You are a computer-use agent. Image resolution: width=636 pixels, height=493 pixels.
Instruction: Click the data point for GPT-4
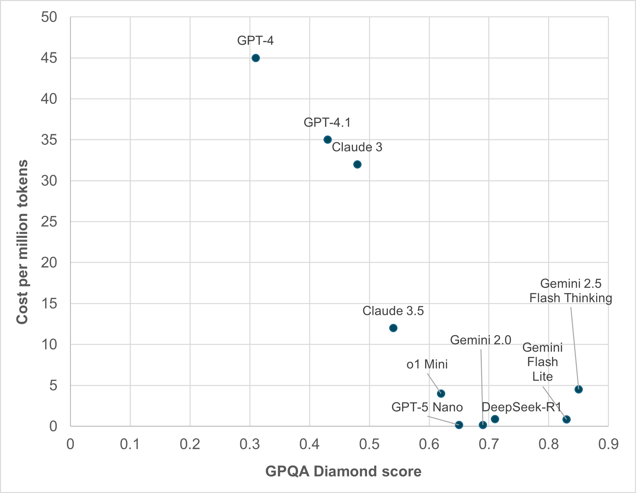click(256, 58)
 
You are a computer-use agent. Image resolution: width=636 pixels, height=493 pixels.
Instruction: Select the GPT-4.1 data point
click(327, 140)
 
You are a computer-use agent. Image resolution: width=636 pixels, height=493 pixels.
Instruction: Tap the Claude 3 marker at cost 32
click(357, 164)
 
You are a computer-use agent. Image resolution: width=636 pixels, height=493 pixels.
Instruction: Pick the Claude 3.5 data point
click(393, 328)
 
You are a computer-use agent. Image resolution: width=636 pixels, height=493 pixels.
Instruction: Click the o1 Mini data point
click(441, 393)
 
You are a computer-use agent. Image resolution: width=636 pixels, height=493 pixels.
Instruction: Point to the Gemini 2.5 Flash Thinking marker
click(578, 389)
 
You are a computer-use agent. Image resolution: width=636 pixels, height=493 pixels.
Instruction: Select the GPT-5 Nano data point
click(459, 425)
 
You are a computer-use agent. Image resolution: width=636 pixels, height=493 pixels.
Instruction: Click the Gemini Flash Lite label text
click(542, 362)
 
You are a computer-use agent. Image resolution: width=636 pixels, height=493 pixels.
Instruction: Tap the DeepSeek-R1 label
click(522, 407)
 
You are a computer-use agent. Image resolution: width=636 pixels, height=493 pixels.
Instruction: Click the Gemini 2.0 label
click(480, 340)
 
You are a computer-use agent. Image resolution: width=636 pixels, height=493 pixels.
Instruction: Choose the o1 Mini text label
click(427, 364)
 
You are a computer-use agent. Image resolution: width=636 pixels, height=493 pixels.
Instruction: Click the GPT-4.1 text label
click(327, 122)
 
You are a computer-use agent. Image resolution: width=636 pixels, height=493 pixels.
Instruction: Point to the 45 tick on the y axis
click(49, 58)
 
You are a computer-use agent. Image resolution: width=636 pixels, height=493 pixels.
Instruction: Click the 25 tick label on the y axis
click(49, 222)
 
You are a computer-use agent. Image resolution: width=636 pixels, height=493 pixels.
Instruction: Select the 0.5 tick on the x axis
click(369, 444)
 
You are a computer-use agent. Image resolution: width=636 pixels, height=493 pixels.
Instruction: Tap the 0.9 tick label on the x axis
click(608, 444)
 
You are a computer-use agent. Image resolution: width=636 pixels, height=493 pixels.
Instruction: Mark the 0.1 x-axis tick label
click(130, 444)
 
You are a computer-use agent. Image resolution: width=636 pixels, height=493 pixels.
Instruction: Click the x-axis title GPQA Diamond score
click(343, 471)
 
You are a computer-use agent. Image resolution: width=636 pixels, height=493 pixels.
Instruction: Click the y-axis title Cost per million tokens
click(22, 242)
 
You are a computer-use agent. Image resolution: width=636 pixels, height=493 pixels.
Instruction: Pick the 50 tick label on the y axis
click(49, 17)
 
